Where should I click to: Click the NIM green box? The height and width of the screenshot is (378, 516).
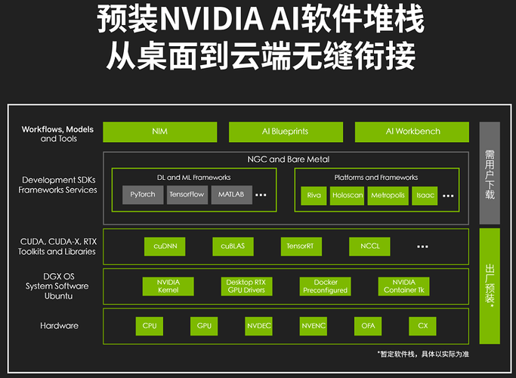tap(160, 132)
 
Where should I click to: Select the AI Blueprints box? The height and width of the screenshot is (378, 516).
tap(286, 132)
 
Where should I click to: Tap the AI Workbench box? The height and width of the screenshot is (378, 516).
tap(412, 132)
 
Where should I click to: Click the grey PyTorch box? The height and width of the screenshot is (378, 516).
tap(143, 194)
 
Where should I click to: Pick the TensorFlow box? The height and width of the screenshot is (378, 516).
tap(187, 194)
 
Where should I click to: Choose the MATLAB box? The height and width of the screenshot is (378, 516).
tap(232, 194)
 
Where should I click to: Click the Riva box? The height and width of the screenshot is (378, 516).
tap(314, 196)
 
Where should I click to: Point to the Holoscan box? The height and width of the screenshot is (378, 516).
tap(348, 196)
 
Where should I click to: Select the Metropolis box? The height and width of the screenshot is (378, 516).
tap(388, 196)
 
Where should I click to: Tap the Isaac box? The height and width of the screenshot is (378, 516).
tap(425, 196)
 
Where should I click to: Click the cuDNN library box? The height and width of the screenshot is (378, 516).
tap(165, 246)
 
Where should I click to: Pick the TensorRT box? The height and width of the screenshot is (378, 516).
tap(301, 246)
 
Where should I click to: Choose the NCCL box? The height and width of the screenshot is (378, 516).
tap(369, 246)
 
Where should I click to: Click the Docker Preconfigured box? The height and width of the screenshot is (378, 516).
tap(325, 286)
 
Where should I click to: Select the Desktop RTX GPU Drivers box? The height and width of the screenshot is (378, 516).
tap(246, 286)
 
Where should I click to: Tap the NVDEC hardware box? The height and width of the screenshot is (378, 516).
tap(258, 326)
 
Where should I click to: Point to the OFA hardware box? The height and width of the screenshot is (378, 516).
tap(368, 326)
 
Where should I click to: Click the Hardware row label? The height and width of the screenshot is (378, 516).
tap(59, 326)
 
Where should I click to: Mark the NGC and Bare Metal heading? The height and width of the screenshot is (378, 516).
tap(289, 160)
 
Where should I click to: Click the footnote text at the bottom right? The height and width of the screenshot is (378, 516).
tap(423, 354)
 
